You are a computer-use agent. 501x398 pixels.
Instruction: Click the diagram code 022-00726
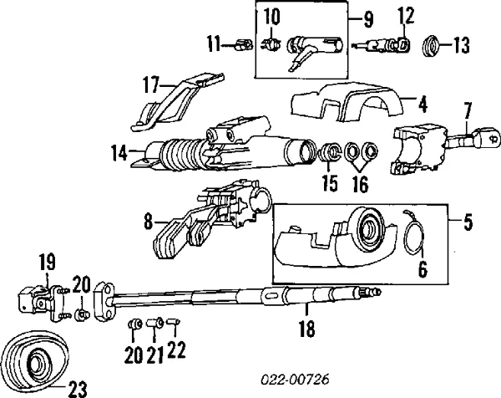(x=295, y=380)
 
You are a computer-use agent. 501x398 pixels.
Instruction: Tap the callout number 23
(x=78, y=389)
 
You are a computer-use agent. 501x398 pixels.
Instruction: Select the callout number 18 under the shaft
(x=306, y=329)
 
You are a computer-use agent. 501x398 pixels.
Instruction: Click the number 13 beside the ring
(x=462, y=45)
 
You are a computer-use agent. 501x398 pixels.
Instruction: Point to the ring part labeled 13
(x=431, y=46)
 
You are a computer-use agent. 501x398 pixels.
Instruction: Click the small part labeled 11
(x=244, y=44)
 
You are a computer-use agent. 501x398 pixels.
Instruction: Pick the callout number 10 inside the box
(x=272, y=17)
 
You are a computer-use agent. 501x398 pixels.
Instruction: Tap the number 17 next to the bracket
(x=151, y=85)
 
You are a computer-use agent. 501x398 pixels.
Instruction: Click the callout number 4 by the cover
(x=423, y=105)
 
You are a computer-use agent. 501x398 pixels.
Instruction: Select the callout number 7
(x=467, y=111)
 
